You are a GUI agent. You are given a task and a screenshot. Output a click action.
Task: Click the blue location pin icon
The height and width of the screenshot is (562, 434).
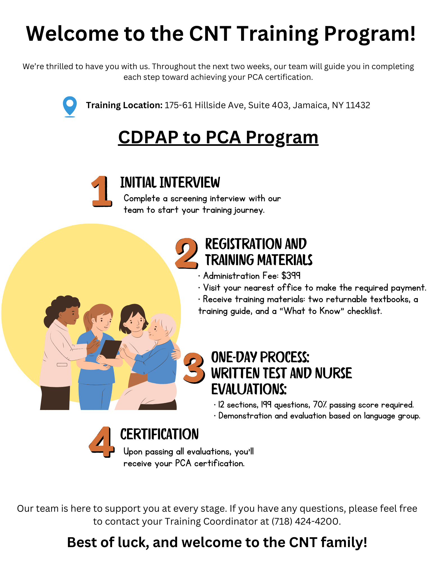click(x=70, y=106)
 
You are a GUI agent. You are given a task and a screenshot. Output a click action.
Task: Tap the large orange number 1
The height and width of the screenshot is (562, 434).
click(x=101, y=192)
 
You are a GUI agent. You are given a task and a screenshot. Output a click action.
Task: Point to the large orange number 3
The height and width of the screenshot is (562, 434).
click(x=194, y=368)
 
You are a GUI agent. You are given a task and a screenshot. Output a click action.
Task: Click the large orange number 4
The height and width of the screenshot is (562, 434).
click(x=102, y=442)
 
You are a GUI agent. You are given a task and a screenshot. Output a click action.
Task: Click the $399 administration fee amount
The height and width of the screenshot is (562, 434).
click(x=291, y=276)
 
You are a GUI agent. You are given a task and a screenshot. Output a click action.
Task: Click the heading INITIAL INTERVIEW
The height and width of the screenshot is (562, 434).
click(x=170, y=183)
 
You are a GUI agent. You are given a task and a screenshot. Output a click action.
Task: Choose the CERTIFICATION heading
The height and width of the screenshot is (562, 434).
click(x=159, y=434)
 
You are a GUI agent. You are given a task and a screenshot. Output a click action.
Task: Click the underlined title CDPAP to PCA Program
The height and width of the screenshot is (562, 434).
click(x=218, y=137)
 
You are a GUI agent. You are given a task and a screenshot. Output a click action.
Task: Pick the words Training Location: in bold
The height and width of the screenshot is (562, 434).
click(x=124, y=105)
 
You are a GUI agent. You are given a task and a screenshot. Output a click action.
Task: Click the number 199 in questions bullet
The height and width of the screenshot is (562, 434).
click(x=266, y=405)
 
